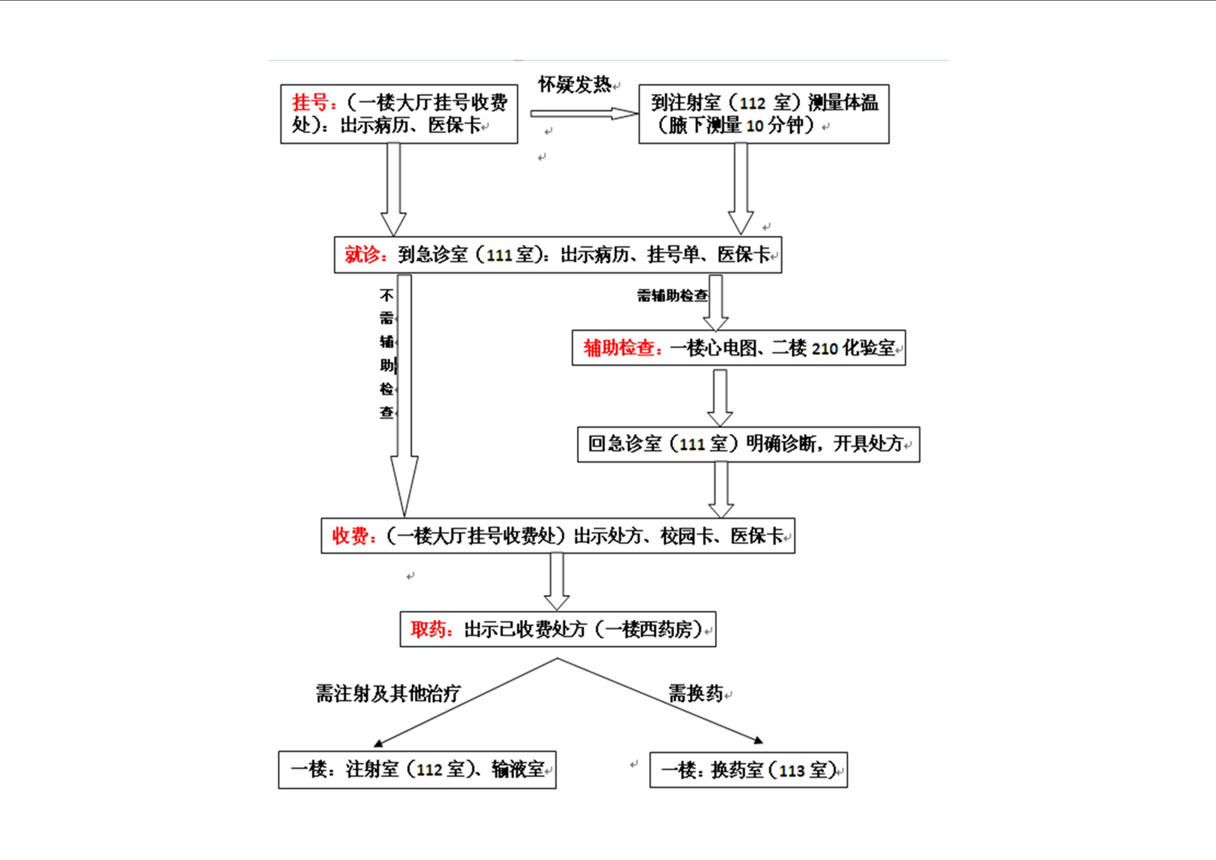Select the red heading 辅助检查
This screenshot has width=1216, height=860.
coord(619,349)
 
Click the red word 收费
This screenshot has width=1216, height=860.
coord(351,536)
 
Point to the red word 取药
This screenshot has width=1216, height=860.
coord(429,630)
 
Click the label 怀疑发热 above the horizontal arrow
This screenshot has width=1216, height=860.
coord(575,85)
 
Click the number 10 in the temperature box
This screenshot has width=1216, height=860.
coord(754,126)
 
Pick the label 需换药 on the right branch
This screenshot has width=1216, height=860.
coord(695,693)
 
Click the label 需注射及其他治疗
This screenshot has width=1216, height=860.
coord(388,693)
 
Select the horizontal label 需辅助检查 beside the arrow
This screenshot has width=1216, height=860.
coord(672,296)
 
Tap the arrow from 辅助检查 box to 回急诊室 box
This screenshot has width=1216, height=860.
coord(720,397)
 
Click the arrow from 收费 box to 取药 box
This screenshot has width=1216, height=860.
coord(557,581)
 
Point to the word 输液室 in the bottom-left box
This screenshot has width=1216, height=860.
coord(518,769)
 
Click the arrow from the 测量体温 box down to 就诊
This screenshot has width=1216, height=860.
coord(740,188)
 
